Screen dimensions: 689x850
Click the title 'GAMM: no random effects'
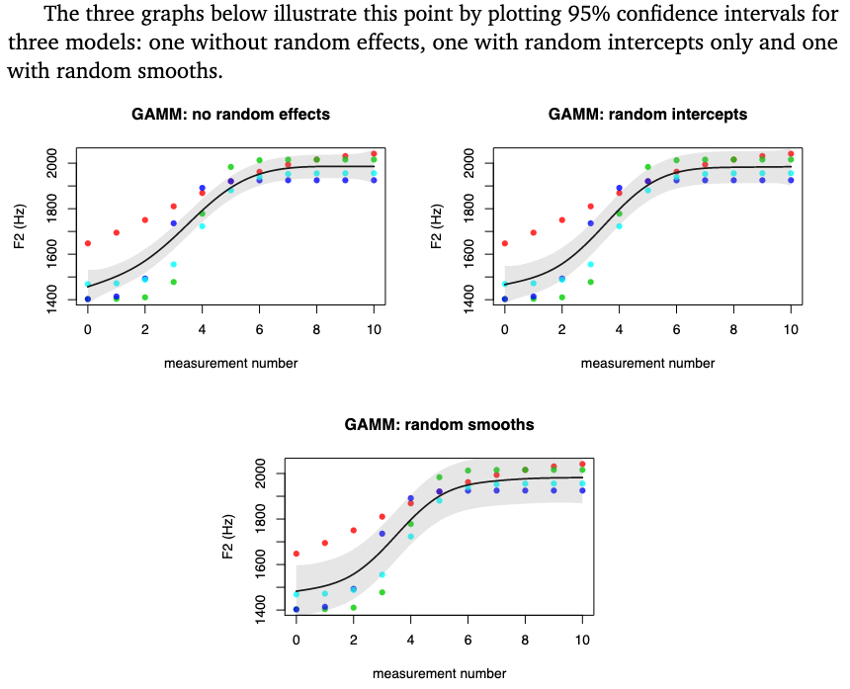click(x=230, y=115)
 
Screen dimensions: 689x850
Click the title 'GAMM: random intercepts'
click(x=647, y=115)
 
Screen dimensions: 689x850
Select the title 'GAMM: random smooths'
click(x=439, y=425)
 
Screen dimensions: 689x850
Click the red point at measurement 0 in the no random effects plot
click(x=88, y=243)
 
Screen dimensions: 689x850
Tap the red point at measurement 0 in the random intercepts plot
click(x=505, y=243)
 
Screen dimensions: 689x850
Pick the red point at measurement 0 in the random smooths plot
click(x=297, y=554)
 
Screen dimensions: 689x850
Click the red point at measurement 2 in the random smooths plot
click(x=354, y=531)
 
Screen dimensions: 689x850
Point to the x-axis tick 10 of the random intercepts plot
click(x=791, y=328)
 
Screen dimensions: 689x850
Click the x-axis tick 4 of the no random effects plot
click(x=203, y=328)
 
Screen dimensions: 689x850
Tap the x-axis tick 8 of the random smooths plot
click(x=526, y=640)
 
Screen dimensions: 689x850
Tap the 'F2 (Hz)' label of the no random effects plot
click(x=20, y=226)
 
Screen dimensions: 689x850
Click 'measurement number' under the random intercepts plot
click(x=647, y=364)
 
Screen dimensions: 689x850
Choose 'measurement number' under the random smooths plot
click(x=439, y=674)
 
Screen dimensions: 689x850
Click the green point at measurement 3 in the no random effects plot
click(x=174, y=282)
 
